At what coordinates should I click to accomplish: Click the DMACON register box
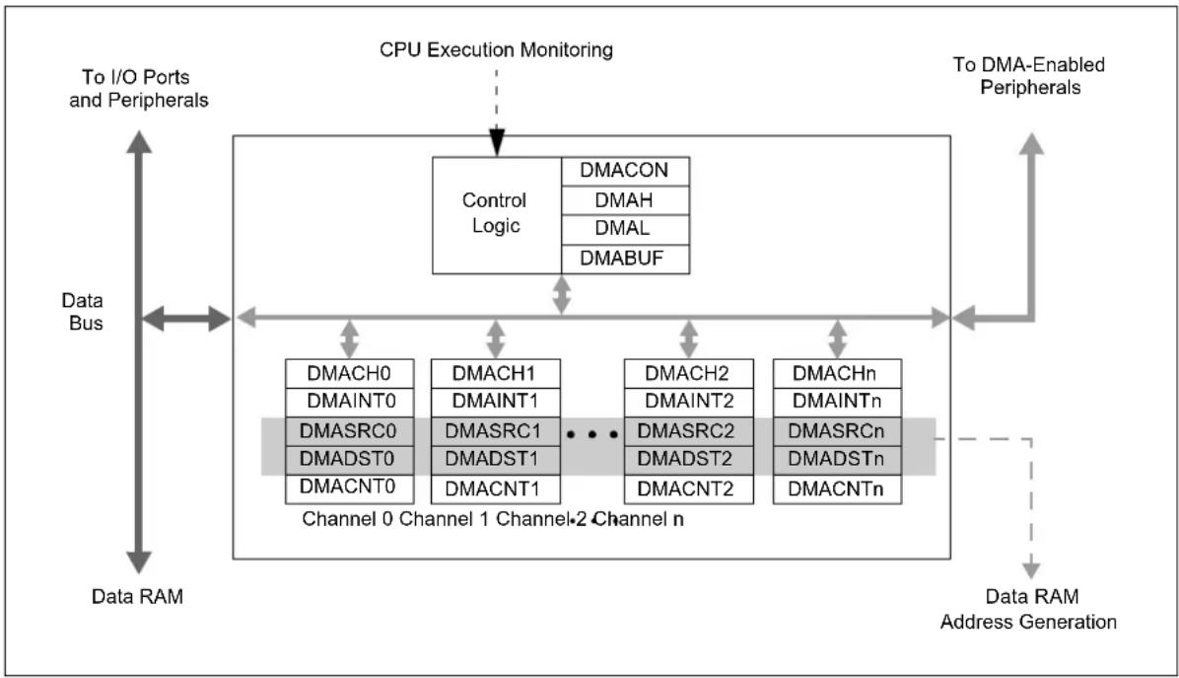coord(625,171)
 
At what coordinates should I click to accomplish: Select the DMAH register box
coord(625,200)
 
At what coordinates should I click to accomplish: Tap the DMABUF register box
coord(625,259)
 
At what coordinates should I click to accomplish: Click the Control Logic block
coord(496,215)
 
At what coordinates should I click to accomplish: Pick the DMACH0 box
coord(350,373)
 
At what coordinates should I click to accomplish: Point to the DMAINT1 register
coord(496,402)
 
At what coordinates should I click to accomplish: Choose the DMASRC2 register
coord(689,431)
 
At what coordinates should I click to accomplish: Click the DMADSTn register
coord(837,460)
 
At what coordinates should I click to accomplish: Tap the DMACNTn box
coord(837,490)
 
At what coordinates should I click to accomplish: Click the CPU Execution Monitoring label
coord(496,49)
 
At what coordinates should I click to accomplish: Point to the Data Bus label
coord(83,312)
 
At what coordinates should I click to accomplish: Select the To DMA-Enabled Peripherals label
coord(1029,75)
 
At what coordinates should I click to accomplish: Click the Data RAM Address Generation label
coord(1028,609)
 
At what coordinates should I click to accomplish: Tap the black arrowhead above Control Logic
coord(496,142)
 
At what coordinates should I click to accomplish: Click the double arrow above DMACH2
coord(688,339)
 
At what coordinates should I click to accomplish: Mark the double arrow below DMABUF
coord(562,294)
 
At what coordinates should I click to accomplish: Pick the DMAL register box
coord(625,230)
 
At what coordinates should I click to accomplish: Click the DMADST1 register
coord(496,460)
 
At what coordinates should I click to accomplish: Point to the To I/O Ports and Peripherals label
coord(138,88)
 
